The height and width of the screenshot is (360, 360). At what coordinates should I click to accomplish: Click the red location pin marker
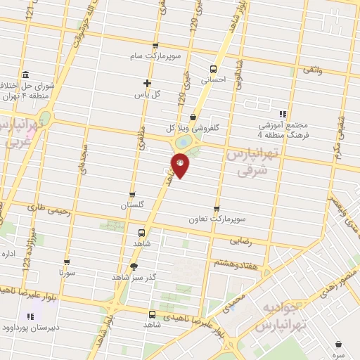(x=181, y=165)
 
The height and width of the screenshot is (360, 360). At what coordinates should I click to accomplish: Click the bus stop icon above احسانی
(x=213, y=69)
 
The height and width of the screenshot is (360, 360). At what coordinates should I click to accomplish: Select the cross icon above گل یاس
(x=148, y=83)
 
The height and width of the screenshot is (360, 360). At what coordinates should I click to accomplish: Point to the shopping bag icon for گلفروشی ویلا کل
(x=193, y=117)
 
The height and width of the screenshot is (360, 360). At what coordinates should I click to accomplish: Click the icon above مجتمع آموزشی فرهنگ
(x=283, y=114)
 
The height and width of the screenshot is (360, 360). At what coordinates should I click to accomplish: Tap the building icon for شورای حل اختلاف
(x=25, y=75)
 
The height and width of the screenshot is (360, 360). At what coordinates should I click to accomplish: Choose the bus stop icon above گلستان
(x=132, y=195)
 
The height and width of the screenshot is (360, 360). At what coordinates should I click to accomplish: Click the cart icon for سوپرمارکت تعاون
(x=216, y=209)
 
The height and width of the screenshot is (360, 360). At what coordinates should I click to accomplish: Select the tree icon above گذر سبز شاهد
(x=134, y=266)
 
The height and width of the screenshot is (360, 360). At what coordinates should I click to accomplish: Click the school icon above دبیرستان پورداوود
(x=30, y=317)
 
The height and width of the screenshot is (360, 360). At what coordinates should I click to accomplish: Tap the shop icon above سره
(x=340, y=344)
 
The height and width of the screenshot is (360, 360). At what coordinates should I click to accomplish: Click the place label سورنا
(x=66, y=271)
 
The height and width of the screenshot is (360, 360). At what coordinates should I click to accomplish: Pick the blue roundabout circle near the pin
(x=183, y=142)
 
